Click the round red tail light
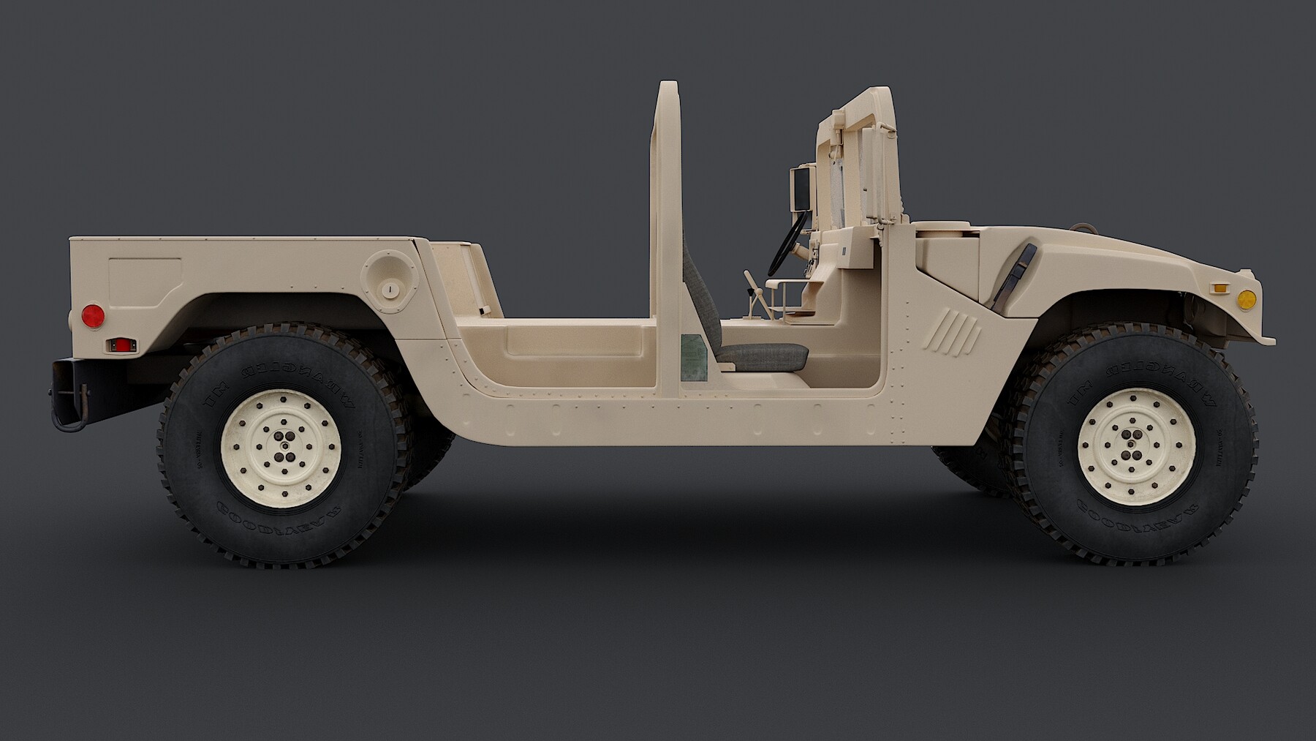(93, 315)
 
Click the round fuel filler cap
(391, 290)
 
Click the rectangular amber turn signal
(1219, 287)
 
